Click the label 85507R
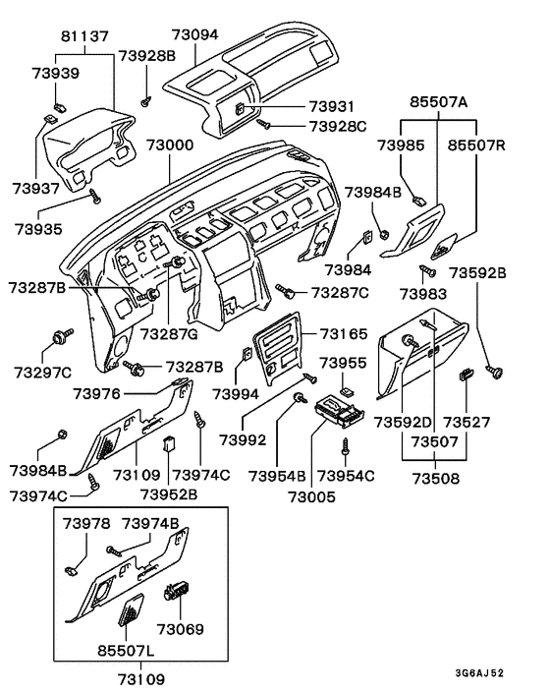(476, 145)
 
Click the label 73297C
(42, 373)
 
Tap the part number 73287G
(169, 335)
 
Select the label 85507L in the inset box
(121, 650)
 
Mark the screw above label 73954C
(346, 445)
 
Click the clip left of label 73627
(467, 374)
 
